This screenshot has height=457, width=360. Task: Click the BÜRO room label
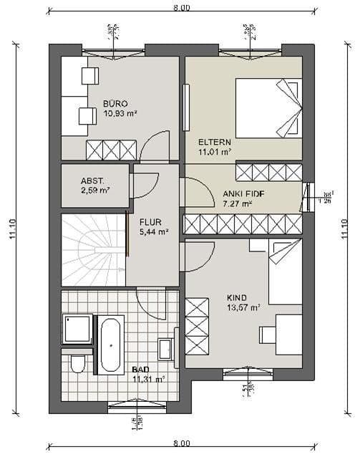[x=115, y=103]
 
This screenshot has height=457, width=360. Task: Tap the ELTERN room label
[x=214, y=141]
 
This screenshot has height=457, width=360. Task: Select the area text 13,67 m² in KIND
[x=243, y=307]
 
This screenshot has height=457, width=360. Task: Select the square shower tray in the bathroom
[x=77, y=329]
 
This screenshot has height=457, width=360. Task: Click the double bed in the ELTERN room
[x=268, y=107]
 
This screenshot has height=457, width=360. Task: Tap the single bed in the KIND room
[x=285, y=271]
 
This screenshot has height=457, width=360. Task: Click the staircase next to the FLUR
[x=93, y=249]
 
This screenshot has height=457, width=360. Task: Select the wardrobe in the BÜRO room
[x=111, y=150]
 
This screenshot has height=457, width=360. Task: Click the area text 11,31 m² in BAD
[x=148, y=379]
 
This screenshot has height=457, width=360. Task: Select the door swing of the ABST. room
[x=145, y=185]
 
